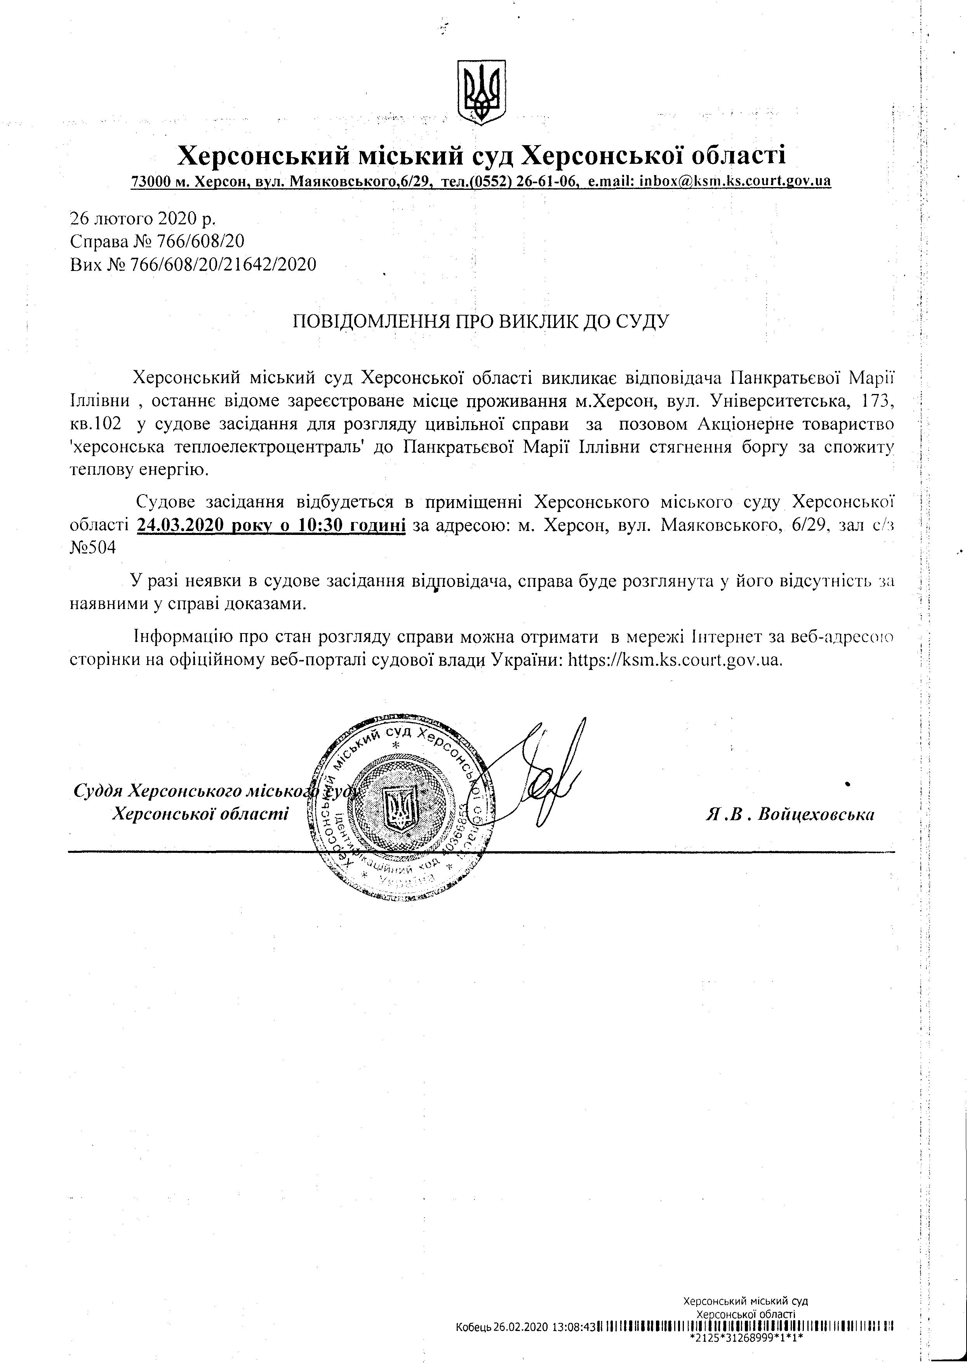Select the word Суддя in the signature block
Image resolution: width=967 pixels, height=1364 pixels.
(x=99, y=791)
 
